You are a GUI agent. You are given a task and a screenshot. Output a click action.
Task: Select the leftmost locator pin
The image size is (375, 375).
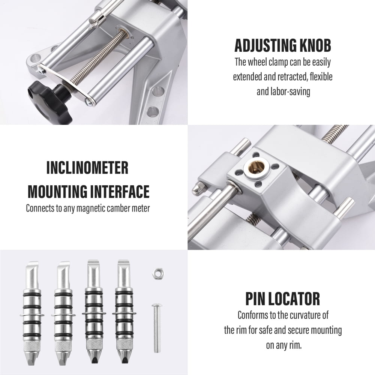pos(32,308)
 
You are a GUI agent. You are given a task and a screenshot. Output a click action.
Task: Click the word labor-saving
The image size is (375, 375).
pos(289,91)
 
